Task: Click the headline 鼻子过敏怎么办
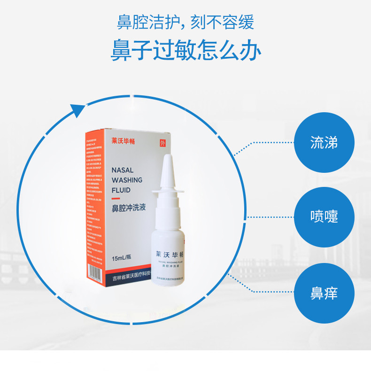tap(185, 50)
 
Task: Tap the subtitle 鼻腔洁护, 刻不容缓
tap(185, 22)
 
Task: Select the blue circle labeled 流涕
tap(324, 142)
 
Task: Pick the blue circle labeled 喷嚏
tap(324, 217)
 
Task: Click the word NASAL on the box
tap(123, 170)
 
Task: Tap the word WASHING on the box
tap(127, 180)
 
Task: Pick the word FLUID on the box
tap(121, 191)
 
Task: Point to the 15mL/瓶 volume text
tap(121, 258)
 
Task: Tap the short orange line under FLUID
tap(116, 199)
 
